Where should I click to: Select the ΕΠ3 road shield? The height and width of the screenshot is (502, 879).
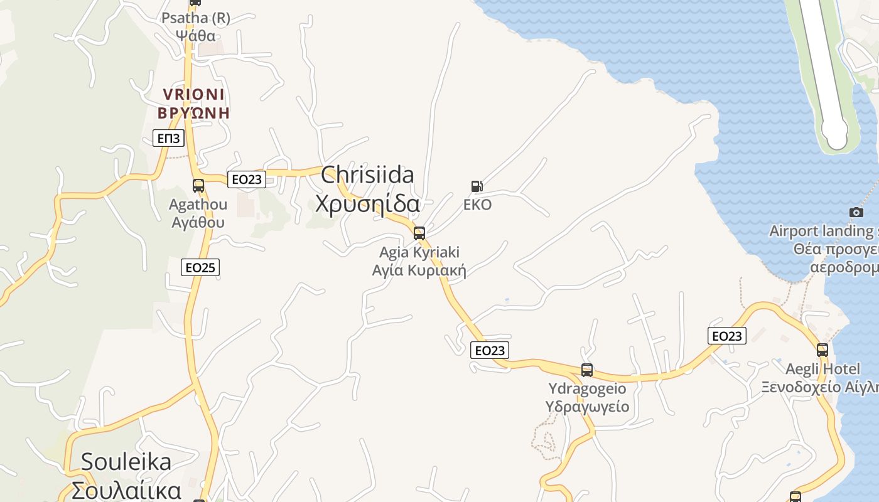tap(168, 139)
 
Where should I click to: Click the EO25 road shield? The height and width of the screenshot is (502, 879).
tap(201, 268)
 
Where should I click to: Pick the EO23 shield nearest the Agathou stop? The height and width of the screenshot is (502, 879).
tap(247, 179)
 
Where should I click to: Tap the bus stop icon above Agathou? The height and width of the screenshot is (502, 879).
tap(198, 186)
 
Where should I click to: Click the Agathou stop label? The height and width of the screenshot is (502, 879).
tap(198, 213)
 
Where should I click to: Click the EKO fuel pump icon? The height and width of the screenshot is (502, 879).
tap(477, 186)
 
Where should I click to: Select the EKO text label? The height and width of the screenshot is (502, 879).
tap(477, 205)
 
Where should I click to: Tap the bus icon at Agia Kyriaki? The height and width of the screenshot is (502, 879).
tap(419, 233)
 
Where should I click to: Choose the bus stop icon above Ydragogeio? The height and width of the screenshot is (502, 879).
tap(587, 370)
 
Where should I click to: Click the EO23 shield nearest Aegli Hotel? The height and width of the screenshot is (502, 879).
tap(727, 336)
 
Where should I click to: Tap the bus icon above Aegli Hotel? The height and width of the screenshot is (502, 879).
tap(822, 350)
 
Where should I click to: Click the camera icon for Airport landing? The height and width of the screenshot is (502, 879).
tap(856, 213)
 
